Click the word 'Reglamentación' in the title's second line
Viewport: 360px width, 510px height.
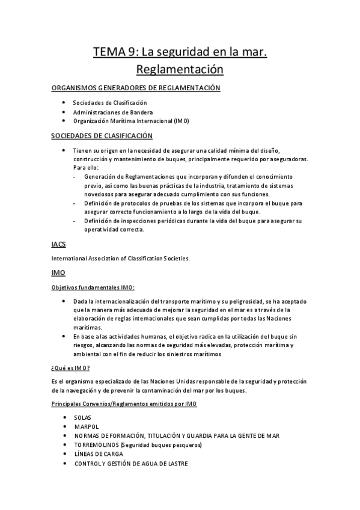click(180, 69)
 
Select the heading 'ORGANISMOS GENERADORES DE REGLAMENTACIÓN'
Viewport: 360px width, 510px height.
click(136, 88)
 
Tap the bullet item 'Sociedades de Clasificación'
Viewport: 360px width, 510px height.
click(110, 103)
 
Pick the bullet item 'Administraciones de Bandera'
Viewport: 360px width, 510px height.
click(113, 112)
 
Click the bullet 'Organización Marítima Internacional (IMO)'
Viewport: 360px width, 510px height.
click(131, 121)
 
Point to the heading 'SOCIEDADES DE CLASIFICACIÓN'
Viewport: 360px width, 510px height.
click(102, 136)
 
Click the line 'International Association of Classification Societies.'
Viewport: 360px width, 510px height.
click(121, 259)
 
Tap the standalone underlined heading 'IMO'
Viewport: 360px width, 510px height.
click(59, 273)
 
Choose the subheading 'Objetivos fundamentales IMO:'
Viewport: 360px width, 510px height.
click(93, 287)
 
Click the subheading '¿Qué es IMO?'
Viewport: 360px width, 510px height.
click(72, 367)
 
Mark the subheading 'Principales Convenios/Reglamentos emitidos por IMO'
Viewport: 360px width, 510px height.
click(124, 404)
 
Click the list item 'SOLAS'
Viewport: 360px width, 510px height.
click(83, 417)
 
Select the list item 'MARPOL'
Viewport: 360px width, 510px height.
click(86, 426)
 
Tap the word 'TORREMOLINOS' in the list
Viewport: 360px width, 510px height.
click(96, 445)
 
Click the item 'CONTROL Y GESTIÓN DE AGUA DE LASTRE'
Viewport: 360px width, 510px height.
click(131, 464)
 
